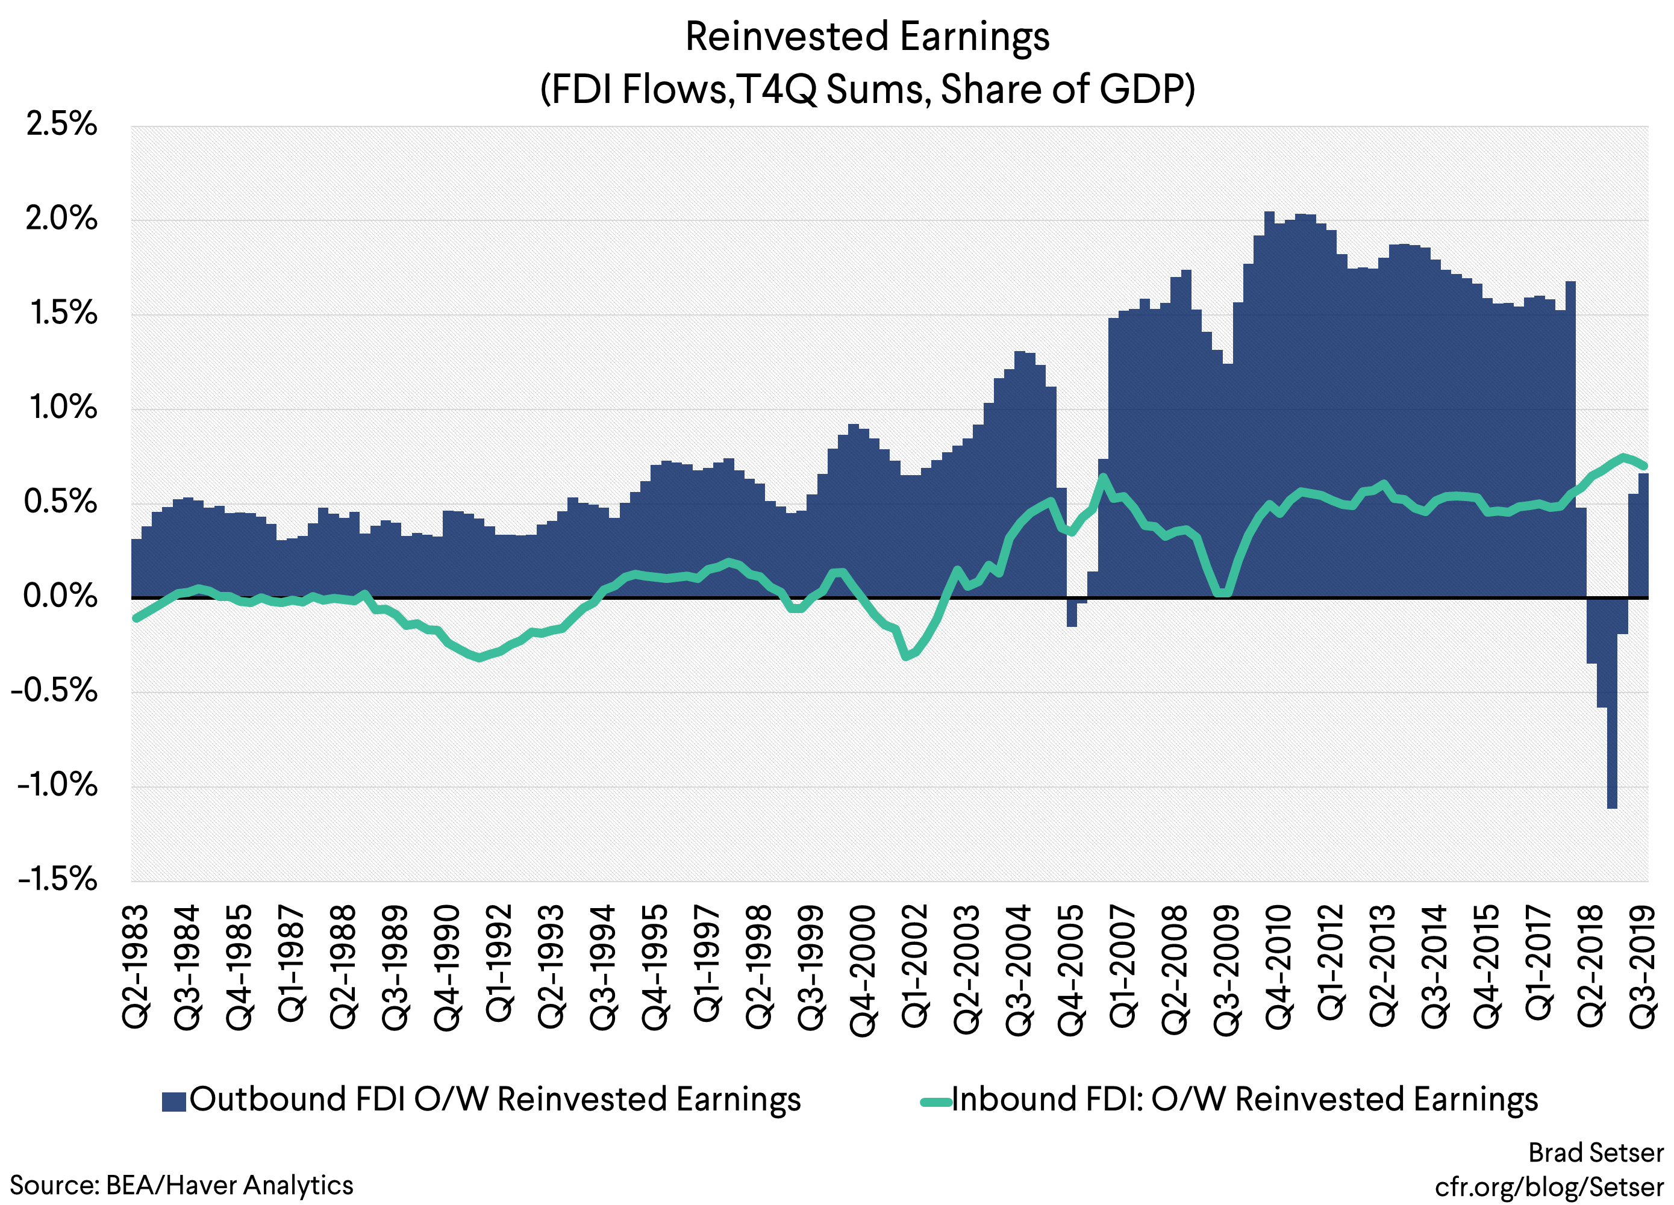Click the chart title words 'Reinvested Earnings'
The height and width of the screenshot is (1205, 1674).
867,37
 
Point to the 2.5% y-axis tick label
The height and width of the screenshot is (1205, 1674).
61,124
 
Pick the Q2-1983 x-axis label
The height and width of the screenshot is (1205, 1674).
137,967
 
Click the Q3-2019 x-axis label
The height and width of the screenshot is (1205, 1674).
1643,967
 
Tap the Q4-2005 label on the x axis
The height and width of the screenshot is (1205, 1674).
1072,967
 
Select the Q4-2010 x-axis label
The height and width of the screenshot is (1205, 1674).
1279,967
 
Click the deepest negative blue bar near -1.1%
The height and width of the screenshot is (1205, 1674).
1612,760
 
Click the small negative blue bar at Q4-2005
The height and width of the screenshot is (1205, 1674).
1072,612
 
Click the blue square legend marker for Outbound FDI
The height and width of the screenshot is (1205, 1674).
173,1101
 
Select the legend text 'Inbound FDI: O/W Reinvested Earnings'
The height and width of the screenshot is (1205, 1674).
1245,1100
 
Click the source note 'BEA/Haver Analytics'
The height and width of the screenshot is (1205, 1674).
230,1185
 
